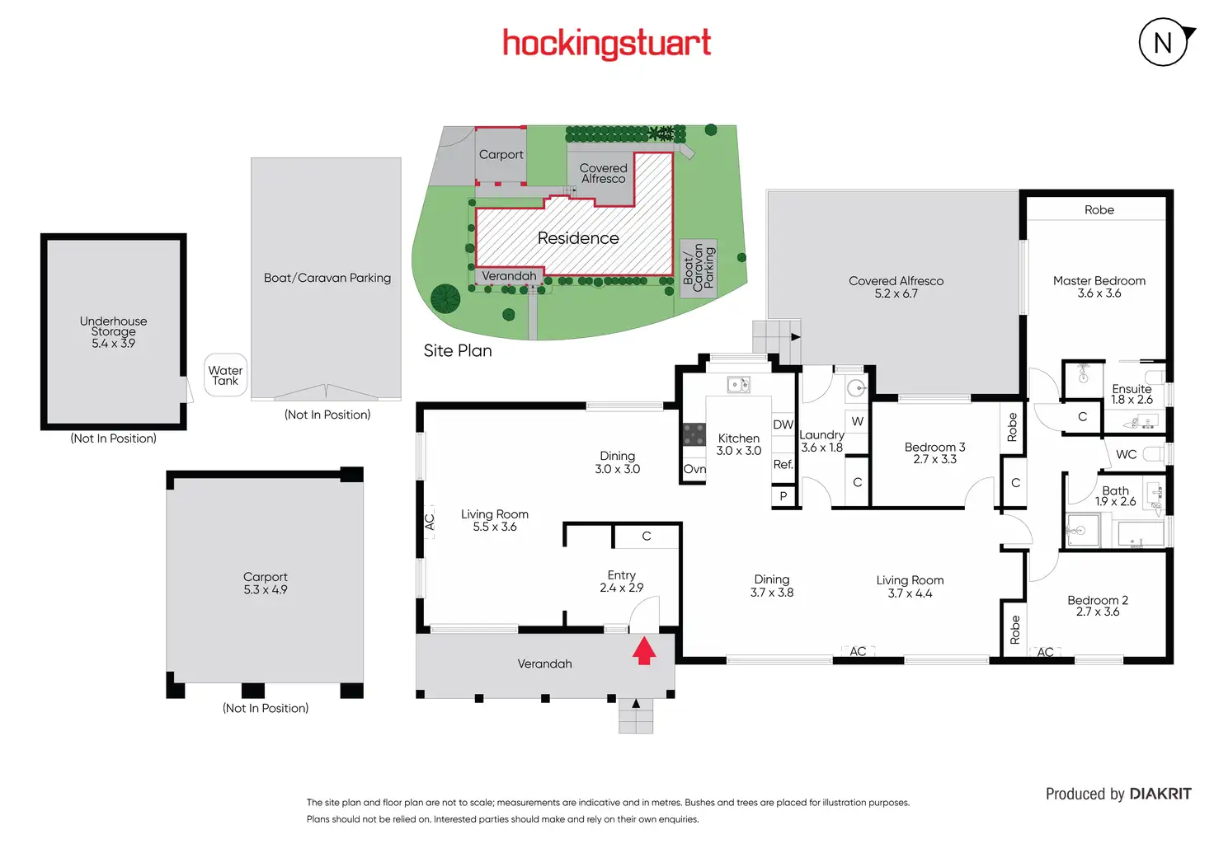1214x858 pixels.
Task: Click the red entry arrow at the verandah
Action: pos(644,650)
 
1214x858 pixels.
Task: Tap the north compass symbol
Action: pos(1164,42)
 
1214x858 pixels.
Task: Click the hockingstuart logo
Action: pos(606,43)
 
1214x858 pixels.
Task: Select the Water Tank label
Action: pos(225,376)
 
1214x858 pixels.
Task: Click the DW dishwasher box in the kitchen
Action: pos(783,424)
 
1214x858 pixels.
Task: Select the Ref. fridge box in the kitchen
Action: pos(783,465)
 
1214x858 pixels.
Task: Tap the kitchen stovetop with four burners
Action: pos(694,434)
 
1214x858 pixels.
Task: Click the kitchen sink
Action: pos(738,384)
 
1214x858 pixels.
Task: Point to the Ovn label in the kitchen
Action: pos(694,470)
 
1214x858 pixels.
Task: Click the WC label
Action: pos(1126,454)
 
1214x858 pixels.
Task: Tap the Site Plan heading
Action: pos(458,350)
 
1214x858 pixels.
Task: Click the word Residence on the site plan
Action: pos(577,238)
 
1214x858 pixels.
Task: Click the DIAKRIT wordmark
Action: pos(1160,794)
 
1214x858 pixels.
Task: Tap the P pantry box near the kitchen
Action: pos(783,496)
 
